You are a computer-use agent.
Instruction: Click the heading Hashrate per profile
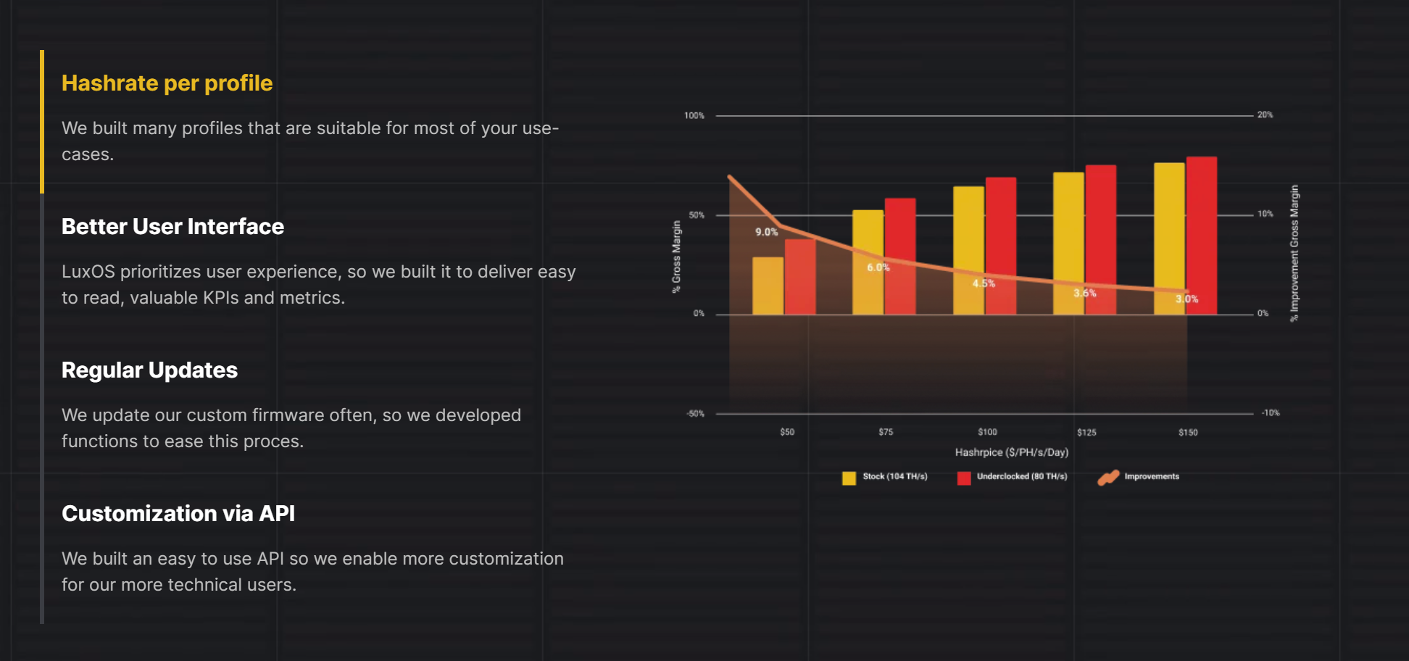(x=167, y=83)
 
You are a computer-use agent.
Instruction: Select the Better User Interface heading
(x=173, y=227)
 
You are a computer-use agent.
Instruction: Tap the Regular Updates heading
(x=149, y=370)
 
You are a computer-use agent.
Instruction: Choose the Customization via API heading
(x=178, y=514)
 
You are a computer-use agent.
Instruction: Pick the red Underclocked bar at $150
(x=1201, y=232)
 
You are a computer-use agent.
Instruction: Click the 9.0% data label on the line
(x=766, y=232)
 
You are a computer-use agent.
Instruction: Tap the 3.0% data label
(x=1186, y=299)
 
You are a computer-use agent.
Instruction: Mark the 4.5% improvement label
(x=984, y=283)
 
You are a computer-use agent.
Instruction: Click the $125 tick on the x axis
(x=1086, y=432)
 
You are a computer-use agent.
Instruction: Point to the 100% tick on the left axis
(x=694, y=116)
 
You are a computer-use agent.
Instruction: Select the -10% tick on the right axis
(x=1270, y=413)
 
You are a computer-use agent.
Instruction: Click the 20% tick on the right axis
(x=1265, y=115)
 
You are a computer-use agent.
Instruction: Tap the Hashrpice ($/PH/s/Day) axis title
(x=1011, y=452)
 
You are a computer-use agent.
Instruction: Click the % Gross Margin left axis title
(x=676, y=257)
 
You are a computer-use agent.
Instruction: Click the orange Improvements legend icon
(x=1108, y=478)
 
